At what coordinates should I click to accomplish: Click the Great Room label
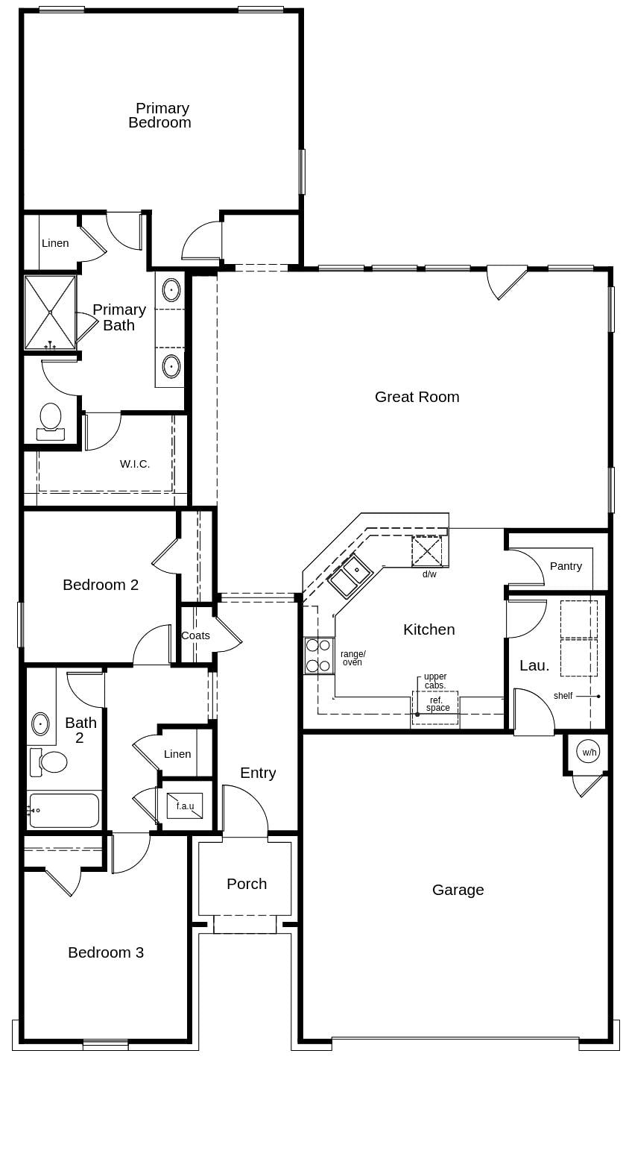point(417,397)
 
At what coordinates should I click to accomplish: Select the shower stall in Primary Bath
point(50,313)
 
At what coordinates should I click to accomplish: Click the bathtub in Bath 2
point(64,810)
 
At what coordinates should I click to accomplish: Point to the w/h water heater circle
point(588,752)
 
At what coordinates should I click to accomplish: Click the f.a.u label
point(185,806)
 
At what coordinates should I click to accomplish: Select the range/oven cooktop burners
point(318,656)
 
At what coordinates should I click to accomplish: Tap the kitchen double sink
point(350,576)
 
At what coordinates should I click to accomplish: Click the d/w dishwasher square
point(427,551)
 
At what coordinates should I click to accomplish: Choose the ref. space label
point(437,704)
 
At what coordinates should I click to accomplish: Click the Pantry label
point(566,566)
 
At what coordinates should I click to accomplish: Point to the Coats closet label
point(195,635)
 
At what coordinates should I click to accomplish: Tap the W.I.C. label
point(135,464)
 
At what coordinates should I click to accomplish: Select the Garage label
point(458,890)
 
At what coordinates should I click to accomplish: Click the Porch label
point(247,884)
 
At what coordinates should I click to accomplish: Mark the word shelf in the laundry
point(563,696)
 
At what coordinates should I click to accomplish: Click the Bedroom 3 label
point(106,952)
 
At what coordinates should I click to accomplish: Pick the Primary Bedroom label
point(160,116)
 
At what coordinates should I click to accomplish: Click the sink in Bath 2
point(40,723)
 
